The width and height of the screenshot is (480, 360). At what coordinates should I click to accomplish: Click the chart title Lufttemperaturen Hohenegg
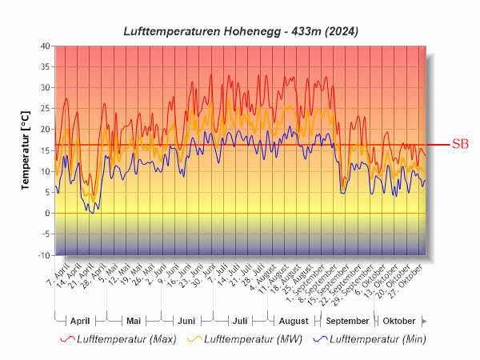coord(240,31)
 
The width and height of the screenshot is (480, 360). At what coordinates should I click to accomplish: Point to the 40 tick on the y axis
coord(46,46)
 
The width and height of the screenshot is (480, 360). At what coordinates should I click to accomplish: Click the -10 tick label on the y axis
coord(43,255)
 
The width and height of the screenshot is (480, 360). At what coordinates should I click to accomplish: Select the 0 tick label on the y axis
coord(47,214)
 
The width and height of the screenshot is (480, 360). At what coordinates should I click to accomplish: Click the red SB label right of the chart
coord(460,145)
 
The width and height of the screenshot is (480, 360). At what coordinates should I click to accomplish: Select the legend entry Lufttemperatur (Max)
coord(126,339)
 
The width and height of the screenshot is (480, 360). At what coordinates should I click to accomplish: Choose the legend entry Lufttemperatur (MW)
coord(251,339)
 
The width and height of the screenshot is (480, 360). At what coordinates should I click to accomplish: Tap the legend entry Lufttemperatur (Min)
coord(377,339)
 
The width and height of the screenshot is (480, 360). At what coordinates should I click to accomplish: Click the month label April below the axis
coord(80,320)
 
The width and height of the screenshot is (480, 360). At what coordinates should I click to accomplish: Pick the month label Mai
coord(134,320)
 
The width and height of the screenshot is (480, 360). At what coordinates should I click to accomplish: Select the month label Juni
coord(186,320)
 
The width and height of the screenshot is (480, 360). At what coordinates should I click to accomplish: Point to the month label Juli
coord(239,320)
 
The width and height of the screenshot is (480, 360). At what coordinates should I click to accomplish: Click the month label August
coord(293,320)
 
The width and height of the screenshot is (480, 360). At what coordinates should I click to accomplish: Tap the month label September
coord(347,320)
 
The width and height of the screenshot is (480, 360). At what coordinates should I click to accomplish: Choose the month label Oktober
coord(399,320)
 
